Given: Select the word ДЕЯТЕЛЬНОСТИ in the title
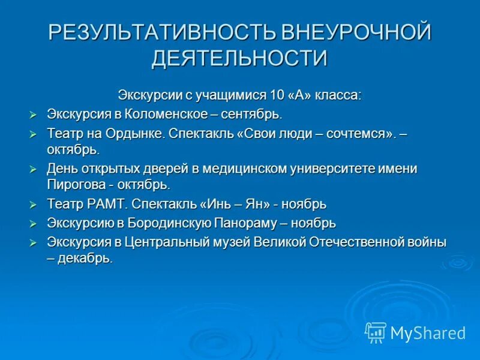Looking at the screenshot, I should point(239,59).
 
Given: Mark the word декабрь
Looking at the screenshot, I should point(85,259).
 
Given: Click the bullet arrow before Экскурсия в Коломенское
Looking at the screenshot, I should point(34,115).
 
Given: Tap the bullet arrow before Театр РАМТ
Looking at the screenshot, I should point(34,205).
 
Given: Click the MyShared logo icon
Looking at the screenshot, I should point(376,332).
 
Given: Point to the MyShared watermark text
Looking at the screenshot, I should point(428,332).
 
